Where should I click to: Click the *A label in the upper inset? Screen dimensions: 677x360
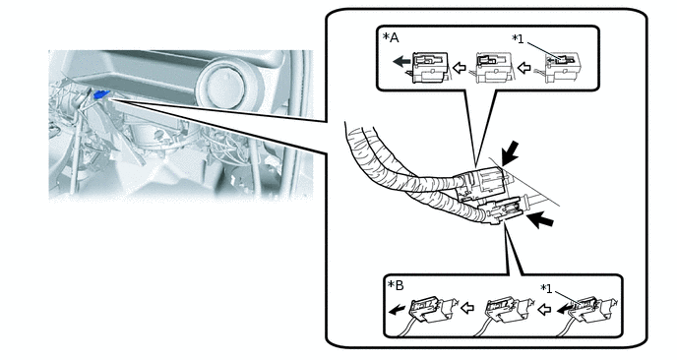(391, 37)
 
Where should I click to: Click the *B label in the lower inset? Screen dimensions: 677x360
(396, 285)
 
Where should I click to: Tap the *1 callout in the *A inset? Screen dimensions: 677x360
(518, 38)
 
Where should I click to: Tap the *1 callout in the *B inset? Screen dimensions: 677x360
(546, 288)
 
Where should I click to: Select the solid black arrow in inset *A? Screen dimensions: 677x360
(401, 62)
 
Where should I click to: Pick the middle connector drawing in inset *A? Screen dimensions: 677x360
(492, 67)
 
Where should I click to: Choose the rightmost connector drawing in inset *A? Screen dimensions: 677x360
(561, 67)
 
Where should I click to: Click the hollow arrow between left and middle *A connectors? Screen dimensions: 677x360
(461, 67)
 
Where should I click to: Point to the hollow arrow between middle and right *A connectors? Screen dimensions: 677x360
(523, 67)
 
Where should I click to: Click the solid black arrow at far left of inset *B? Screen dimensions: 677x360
(397, 310)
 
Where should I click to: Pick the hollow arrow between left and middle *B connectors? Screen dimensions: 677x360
(467, 308)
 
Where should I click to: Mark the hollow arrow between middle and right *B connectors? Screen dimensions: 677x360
(544, 309)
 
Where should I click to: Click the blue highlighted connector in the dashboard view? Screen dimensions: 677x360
(101, 94)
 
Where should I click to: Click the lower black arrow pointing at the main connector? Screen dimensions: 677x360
(540, 220)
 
